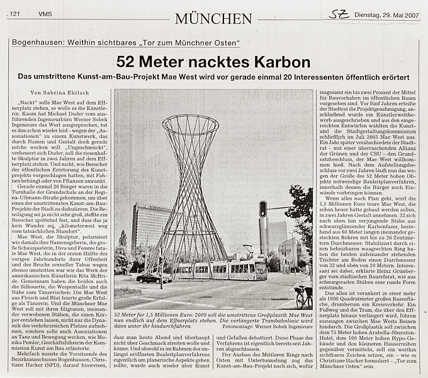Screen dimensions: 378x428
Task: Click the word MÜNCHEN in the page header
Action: coord(213,18)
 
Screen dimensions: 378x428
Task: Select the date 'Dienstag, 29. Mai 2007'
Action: coord(387,14)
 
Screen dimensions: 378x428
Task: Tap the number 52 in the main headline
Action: coord(128,62)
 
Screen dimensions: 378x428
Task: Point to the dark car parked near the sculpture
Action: coord(153,277)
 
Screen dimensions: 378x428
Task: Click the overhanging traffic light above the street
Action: coord(262,209)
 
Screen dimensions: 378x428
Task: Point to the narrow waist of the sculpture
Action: coord(190,189)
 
